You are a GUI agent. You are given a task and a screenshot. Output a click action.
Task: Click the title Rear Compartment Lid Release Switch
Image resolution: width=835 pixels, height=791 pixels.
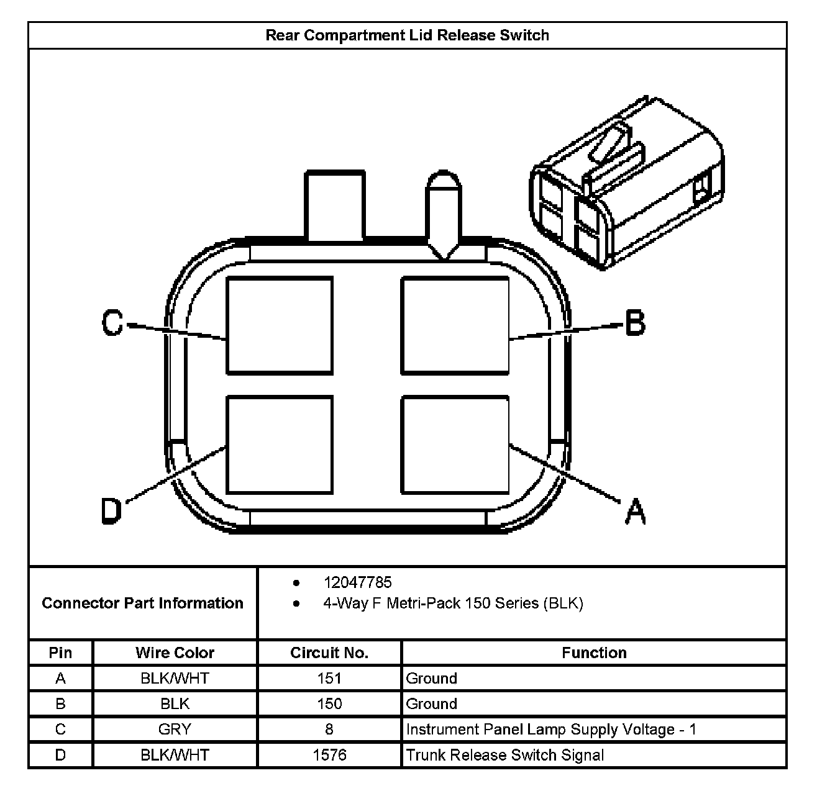pos(407,35)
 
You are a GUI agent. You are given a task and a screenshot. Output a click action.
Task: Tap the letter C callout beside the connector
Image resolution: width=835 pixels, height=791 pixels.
pos(112,323)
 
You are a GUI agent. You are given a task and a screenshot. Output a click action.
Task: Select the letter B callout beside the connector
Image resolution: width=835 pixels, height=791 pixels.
pos(634,323)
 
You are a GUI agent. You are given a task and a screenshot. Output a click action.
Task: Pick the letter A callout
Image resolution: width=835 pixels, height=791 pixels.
pos(635,512)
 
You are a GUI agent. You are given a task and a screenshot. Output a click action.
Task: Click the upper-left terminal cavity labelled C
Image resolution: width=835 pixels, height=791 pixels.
pos(280,325)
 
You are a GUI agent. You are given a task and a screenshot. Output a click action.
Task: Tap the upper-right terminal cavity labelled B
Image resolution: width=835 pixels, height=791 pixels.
pos(455,325)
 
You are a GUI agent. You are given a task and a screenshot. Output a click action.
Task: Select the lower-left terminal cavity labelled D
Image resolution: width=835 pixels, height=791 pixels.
pos(280,445)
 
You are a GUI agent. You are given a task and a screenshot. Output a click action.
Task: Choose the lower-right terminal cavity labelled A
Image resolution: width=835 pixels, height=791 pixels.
pos(455,445)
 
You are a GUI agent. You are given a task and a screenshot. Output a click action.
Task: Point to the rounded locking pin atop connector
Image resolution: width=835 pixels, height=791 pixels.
pos(442,211)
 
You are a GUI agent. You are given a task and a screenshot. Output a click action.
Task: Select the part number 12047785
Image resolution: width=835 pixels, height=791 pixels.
pos(357,582)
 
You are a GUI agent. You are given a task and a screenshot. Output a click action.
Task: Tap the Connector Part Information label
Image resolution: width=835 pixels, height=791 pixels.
pos(142,603)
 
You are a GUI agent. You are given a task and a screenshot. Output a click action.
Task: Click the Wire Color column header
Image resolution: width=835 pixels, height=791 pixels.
pos(175,653)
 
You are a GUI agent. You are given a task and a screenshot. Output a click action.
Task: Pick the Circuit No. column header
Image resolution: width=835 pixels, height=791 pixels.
pos(329,653)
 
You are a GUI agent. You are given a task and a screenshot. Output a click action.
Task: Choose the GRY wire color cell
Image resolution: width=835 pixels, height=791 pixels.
pos(175,730)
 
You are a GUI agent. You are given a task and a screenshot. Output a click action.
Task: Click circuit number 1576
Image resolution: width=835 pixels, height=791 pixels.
pos(329,755)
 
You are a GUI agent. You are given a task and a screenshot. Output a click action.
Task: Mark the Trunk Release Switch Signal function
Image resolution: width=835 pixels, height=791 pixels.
pos(504,755)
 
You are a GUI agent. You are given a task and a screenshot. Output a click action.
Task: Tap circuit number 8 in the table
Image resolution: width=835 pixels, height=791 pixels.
pos(329,730)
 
